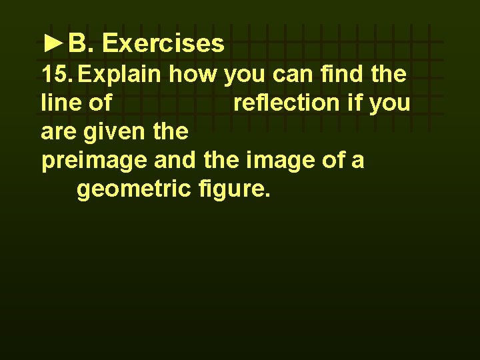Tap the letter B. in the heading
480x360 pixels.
(82, 44)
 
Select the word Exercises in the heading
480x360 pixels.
(163, 44)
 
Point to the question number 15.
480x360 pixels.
(57, 74)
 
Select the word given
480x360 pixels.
(112, 132)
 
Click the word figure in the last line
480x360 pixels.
(233, 190)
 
